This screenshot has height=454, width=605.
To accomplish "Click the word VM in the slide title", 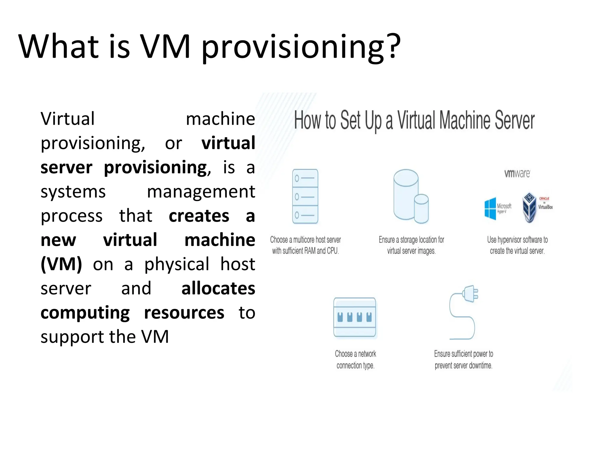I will click(x=165, y=47).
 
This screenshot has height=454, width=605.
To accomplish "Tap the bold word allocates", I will click(x=218, y=288).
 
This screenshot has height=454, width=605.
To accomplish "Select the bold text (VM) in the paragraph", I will click(x=61, y=264).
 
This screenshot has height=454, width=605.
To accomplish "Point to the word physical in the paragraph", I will click(x=177, y=264).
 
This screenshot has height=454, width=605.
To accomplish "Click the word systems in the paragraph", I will click(x=73, y=192).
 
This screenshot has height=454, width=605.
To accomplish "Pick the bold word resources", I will click(x=184, y=313).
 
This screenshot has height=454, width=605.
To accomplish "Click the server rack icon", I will click(x=305, y=196).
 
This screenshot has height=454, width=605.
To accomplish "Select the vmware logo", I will click(x=517, y=174).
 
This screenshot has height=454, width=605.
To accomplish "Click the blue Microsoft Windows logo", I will click(x=490, y=209).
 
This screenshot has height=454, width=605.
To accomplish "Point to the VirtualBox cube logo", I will click(x=529, y=207).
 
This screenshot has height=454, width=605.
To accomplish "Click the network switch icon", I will click(x=355, y=317).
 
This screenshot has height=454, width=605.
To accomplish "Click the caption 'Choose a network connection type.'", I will click(x=355, y=359).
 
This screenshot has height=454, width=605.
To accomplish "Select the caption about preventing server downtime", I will click(x=463, y=359).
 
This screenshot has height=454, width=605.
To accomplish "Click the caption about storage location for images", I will click(x=411, y=245).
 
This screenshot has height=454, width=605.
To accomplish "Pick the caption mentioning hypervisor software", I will click(x=517, y=245).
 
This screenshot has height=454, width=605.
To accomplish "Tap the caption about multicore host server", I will click(x=305, y=245).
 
